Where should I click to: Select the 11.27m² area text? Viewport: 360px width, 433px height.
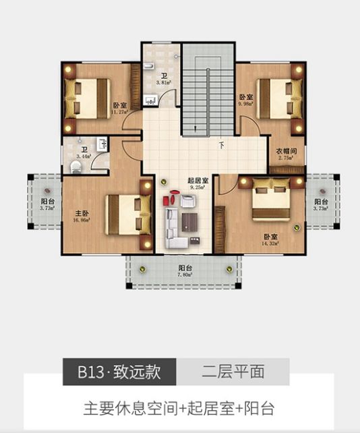[120, 112]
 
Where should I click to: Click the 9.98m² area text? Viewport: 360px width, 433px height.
[246, 104]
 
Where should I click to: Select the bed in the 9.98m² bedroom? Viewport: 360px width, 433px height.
[276, 98]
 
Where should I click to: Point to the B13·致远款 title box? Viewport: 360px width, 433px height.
[121, 372]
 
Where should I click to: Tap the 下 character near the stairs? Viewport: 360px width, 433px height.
[220, 144]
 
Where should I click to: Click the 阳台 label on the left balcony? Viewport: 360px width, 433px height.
[47, 202]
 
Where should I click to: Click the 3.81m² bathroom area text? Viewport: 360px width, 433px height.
[163, 83]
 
